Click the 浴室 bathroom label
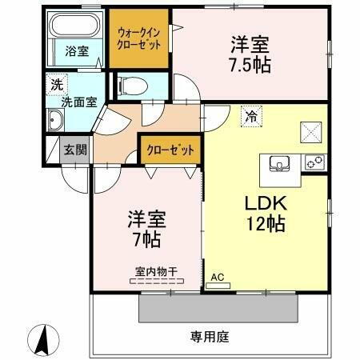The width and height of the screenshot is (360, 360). [77, 51]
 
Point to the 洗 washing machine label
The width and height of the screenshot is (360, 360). [58, 83]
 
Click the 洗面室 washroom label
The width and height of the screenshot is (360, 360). [80, 102]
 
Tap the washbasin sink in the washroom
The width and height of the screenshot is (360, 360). [58, 122]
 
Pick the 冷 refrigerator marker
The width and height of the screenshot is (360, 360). [251, 117]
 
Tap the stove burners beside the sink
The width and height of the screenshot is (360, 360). [314, 163]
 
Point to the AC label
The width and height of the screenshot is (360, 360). [216, 277]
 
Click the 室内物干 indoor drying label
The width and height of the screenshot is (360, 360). [148, 270]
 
